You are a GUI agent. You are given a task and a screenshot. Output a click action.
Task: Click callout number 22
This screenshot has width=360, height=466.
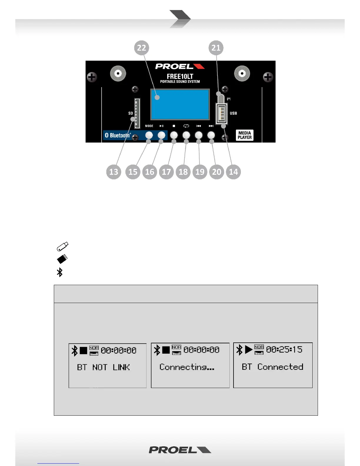[x=141, y=48]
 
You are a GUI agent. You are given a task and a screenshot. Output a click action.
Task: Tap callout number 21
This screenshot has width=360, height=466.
[x=216, y=48]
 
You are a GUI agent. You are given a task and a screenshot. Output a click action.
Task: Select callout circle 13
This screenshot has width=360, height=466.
[x=114, y=172]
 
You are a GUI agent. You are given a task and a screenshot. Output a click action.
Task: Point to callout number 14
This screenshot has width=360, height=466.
[x=233, y=172]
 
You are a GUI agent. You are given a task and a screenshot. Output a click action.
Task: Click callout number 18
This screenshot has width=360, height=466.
[x=183, y=172]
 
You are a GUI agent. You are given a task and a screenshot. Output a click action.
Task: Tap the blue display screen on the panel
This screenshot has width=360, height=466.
[x=180, y=104]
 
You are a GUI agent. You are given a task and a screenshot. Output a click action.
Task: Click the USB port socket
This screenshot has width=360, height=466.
[x=222, y=114]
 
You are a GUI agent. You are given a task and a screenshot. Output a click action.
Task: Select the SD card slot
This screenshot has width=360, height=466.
[x=137, y=113]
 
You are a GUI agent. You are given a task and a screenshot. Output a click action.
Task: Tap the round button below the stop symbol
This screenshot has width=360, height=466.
[x=174, y=135]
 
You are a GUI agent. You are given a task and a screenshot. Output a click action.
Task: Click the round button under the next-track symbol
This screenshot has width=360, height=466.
[x=211, y=135]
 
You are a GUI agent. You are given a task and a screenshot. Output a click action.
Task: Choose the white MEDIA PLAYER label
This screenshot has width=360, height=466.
[x=245, y=135]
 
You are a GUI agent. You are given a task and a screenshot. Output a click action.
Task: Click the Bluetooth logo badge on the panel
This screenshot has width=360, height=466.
[x=118, y=135]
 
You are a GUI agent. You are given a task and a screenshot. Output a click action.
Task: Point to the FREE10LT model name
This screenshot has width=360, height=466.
[x=180, y=76]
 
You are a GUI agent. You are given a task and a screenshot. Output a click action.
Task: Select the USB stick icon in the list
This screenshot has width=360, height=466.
[x=62, y=246]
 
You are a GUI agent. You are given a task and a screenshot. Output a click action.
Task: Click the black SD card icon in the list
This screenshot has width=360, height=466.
[x=62, y=259]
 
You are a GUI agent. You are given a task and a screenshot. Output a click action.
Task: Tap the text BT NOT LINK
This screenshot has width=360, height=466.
[x=103, y=367]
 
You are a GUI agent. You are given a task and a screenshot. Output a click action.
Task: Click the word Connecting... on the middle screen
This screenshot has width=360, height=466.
[x=187, y=367]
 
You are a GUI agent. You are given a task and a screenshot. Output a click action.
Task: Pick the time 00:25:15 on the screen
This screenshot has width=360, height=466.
[x=284, y=349]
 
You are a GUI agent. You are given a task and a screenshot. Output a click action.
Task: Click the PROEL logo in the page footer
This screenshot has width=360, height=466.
[x=180, y=450]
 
